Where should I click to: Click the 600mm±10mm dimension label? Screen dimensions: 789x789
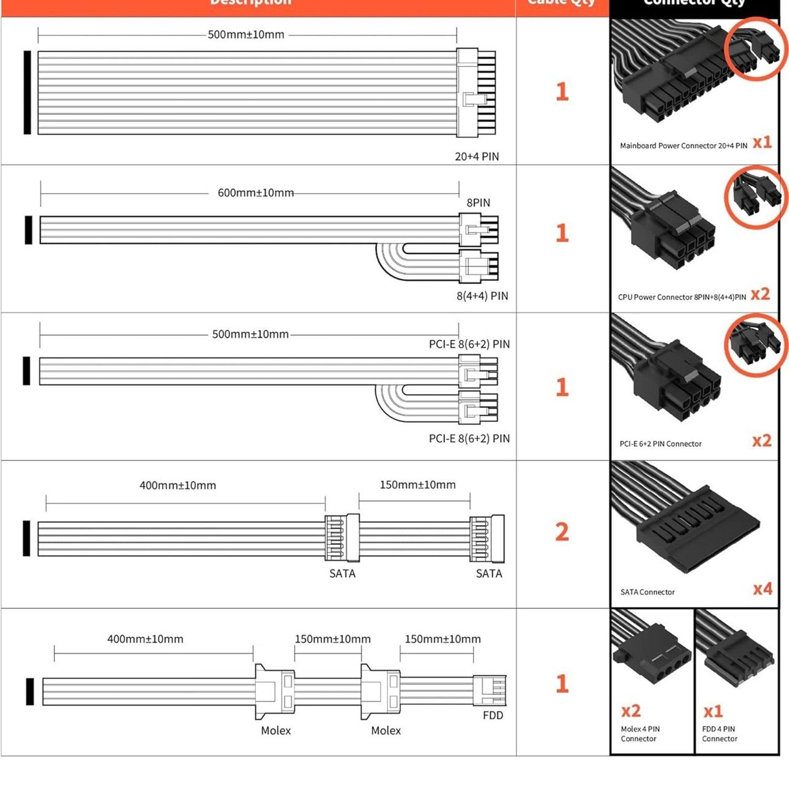pos(255,193)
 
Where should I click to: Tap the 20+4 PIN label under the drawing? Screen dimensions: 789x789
pos(476,157)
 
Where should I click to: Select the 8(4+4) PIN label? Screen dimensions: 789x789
pos(482,296)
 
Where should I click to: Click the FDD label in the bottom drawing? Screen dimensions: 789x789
pos(493,716)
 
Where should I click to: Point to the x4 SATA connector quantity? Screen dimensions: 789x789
pos(762,589)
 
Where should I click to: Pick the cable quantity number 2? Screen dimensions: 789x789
pos(562,532)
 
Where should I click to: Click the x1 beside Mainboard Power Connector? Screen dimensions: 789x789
pos(762,143)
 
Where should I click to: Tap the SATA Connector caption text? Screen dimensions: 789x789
pos(647,592)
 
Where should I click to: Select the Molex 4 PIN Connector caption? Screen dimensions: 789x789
pos(640,734)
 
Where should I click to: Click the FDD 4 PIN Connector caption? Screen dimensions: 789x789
pos(719,734)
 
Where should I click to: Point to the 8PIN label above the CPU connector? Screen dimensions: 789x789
pos(478,203)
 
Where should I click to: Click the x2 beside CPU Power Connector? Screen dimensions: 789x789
pos(760,294)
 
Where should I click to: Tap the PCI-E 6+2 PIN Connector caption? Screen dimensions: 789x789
pos(660,444)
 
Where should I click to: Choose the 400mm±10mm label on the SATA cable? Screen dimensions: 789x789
pos(178,485)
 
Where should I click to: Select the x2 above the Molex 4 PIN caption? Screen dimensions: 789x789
pos(631,711)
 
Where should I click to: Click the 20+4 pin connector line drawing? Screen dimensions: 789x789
pos(475,92)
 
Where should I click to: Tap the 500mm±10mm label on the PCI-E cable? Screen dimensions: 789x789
pos(250,334)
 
